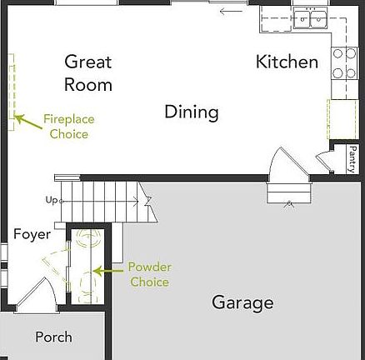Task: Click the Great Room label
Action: pos(88,72)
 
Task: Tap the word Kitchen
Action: pos(287,62)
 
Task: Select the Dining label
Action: pos(191,112)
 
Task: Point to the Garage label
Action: pos(242,302)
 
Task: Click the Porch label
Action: pos(53,337)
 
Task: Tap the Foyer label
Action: pos(32,234)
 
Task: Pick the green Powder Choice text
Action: pos(149,274)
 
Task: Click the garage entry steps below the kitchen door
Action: pos(282,194)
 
